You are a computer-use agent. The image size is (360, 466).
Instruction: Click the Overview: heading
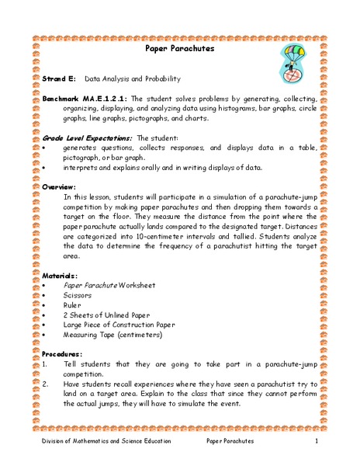pos(59,187)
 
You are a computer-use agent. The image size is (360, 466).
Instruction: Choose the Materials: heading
pos(61,275)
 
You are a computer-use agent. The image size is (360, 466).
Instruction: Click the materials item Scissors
pos(78,295)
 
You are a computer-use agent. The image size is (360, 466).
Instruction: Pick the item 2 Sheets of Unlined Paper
pos(105,315)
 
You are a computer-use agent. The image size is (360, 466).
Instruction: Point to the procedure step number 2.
pos(46,383)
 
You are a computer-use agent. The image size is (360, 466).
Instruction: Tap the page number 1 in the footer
pos(317,441)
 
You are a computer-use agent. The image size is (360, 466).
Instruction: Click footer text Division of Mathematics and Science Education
pos(106,441)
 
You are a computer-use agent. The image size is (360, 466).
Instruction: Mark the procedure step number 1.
pos(46,363)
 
